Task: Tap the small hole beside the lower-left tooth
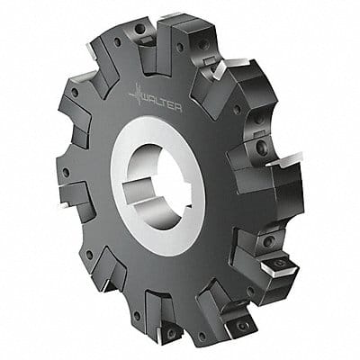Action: (89, 256)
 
